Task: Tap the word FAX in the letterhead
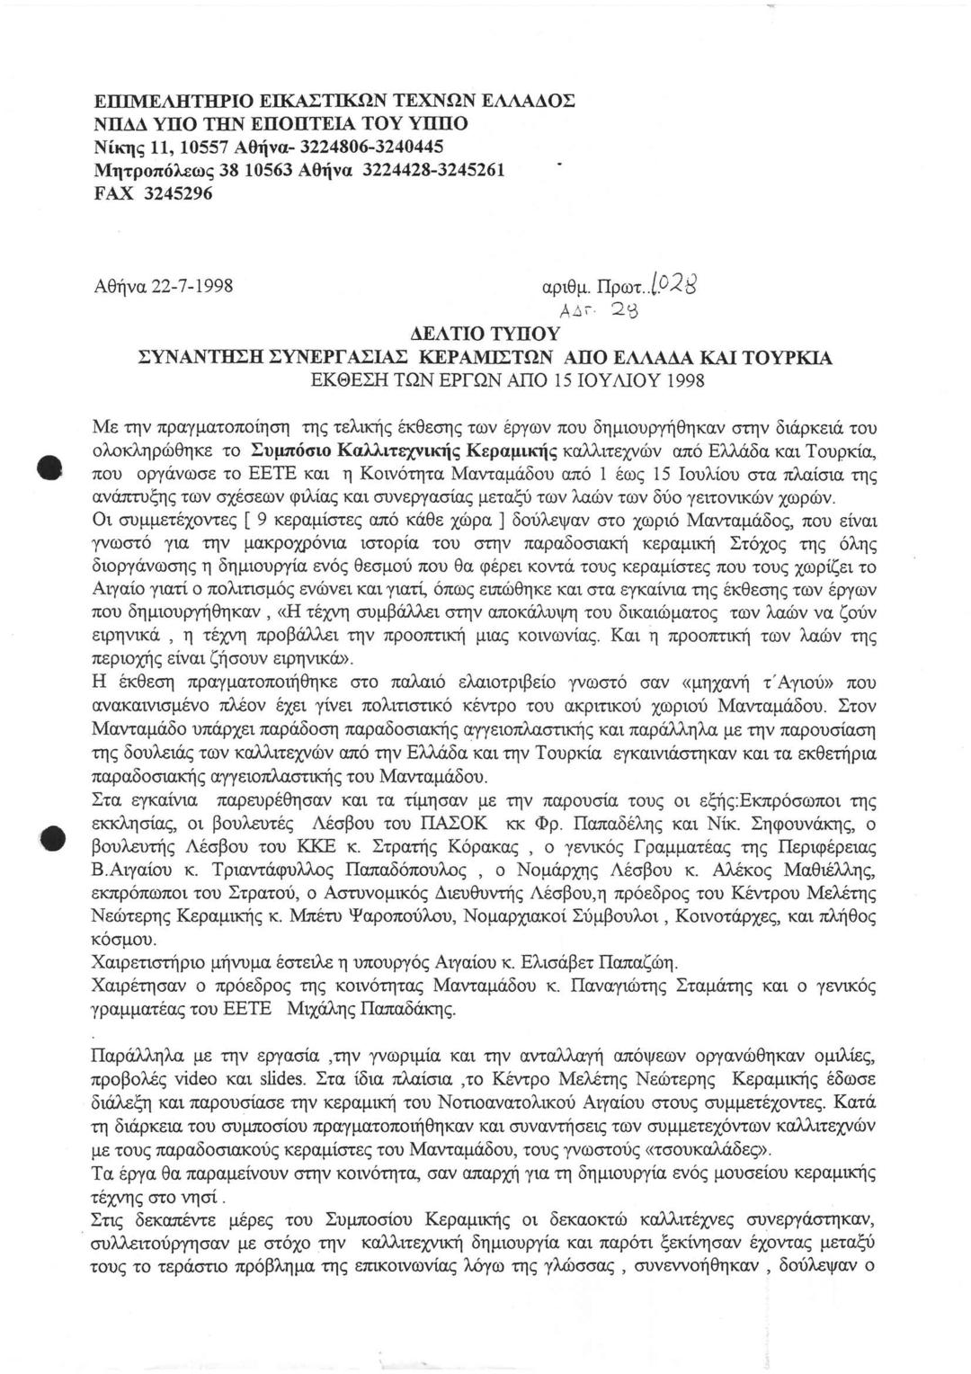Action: coord(113,192)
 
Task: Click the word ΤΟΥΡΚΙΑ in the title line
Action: coord(780,358)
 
